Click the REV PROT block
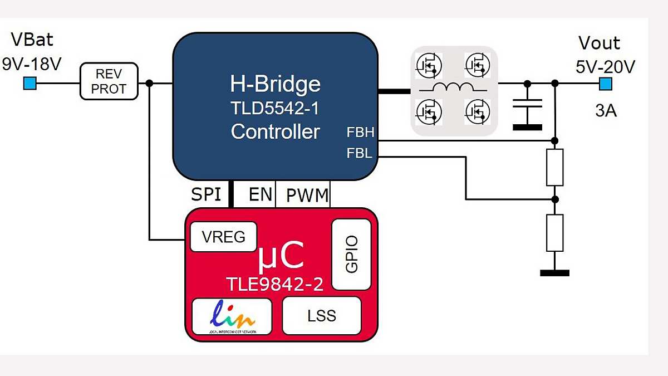pyautogui.click(x=109, y=81)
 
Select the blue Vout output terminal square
pyautogui.click(x=605, y=84)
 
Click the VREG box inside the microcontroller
pyautogui.click(x=224, y=237)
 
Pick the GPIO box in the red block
pyautogui.click(x=351, y=255)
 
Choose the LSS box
pyautogui.click(x=322, y=316)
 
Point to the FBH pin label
pyautogui.click(x=360, y=133)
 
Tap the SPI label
pyautogui.click(x=206, y=194)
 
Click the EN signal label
pyautogui.click(x=261, y=194)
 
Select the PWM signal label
pyautogui.click(x=308, y=196)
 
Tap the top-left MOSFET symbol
pyautogui.click(x=429, y=65)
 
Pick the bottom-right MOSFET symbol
pyautogui.click(x=477, y=110)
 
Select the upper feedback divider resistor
pyautogui.click(x=554, y=167)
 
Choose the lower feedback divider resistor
pyautogui.click(x=554, y=232)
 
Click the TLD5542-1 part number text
pyautogui.click(x=275, y=108)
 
